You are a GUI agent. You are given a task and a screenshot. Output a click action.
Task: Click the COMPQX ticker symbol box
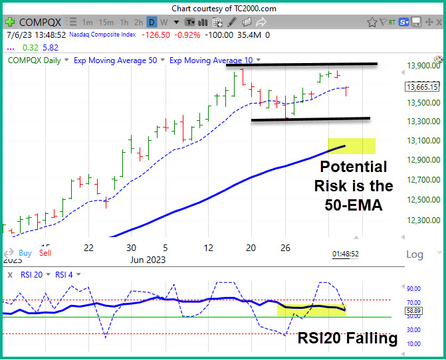[40, 22]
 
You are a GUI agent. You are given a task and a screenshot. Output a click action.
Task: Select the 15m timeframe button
[106, 22]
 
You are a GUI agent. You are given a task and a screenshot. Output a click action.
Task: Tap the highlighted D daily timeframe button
[152, 22]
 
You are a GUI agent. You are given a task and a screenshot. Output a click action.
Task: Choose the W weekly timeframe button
[164, 22]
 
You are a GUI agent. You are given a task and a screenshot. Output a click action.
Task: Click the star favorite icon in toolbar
[372, 22]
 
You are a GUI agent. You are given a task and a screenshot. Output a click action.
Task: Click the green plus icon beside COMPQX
[10, 22]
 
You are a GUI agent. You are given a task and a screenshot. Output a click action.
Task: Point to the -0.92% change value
[187, 35]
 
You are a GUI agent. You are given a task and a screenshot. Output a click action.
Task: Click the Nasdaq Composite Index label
[102, 35]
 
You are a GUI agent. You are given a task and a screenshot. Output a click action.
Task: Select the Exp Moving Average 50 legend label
[115, 60]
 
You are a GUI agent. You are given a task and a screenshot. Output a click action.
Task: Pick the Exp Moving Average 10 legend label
[211, 60]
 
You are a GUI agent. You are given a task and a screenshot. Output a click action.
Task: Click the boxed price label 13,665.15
[422, 86]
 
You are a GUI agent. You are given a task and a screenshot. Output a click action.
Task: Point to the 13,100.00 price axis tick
[423, 140]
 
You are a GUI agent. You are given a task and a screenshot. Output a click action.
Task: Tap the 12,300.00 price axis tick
[423, 220]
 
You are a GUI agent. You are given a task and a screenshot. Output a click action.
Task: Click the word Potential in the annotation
[354, 167]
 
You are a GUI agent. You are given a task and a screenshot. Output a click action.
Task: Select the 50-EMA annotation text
[354, 205]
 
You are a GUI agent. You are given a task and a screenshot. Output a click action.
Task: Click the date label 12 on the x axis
[208, 248]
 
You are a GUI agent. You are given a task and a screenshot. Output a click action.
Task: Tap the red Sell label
[45, 253]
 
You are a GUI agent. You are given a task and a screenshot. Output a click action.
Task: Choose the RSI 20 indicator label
[32, 275]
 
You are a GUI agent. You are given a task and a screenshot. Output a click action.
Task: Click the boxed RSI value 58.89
[414, 311]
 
